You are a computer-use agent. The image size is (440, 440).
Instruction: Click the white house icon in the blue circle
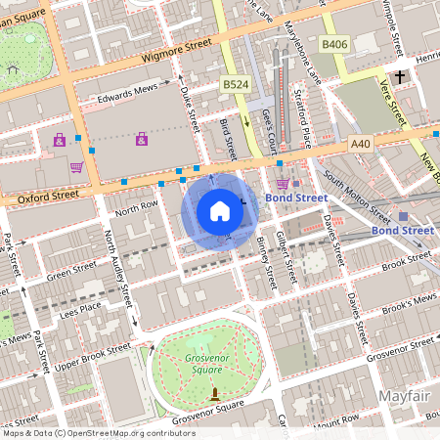tap(220, 210)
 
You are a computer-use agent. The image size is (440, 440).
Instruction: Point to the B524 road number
tap(234, 86)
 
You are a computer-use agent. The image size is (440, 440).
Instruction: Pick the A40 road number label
tap(361, 143)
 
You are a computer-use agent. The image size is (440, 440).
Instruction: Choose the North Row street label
tap(136, 208)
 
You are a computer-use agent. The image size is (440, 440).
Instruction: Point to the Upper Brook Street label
tap(92, 352)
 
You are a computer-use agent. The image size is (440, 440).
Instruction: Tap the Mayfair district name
tap(403, 397)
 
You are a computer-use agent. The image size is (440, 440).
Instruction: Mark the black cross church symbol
tap(399, 76)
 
